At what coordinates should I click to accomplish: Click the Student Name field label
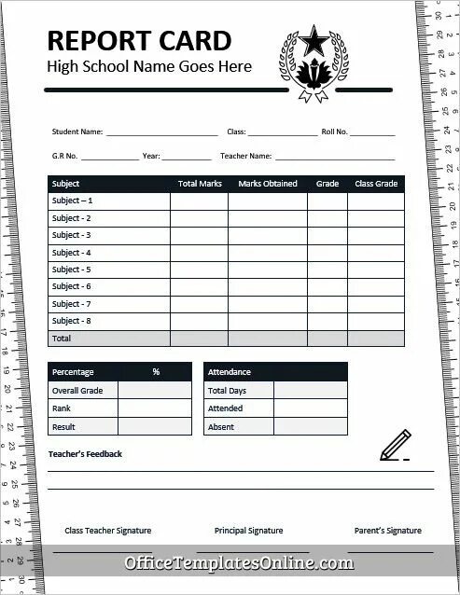coord(77,132)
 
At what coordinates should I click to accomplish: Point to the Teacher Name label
coord(246,156)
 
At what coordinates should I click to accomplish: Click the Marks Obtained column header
coord(268,184)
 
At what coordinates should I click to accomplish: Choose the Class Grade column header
coord(376,184)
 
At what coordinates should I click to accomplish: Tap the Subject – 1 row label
coord(73,201)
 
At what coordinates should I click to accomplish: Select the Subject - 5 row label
coord(72,270)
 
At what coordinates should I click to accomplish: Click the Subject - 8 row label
coord(72,321)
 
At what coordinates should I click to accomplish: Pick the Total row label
coord(62,338)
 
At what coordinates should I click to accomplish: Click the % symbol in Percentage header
coord(156,372)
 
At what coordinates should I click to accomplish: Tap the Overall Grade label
coord(77,391)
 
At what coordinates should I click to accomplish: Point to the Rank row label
coord(63,408)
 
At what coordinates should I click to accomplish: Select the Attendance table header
coord(230,372)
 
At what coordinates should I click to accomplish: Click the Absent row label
coord(222,426)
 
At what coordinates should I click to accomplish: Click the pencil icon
coord(393,447)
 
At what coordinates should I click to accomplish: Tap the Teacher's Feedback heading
coord(85,454)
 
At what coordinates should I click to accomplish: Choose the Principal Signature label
coord(248,531)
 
